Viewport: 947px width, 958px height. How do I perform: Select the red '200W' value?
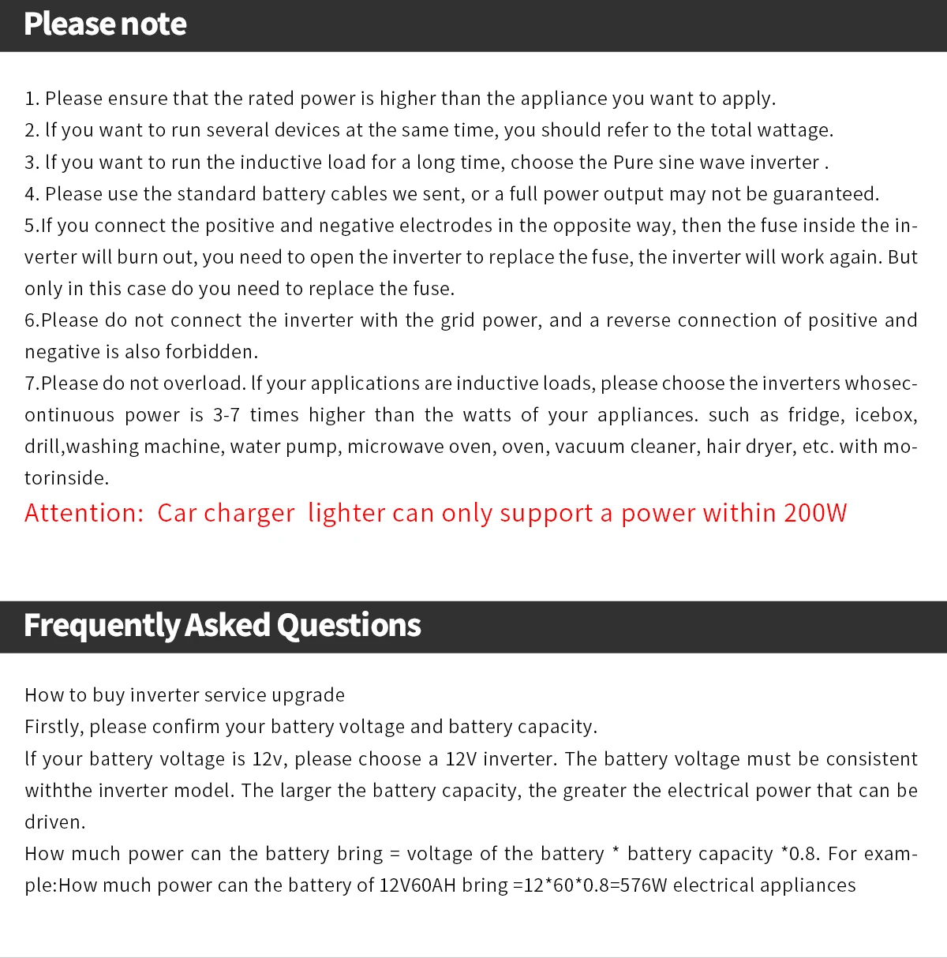(x=815, y=513)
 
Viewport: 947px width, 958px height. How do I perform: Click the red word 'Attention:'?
(x=84, y=513)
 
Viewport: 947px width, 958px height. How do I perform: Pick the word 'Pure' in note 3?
(x=633, y=163)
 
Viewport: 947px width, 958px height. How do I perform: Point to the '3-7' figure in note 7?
(x=226, y=415)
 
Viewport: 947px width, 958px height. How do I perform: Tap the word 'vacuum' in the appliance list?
(x=586, y=447)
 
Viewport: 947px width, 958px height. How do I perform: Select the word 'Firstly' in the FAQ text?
(x=54, y=727)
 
